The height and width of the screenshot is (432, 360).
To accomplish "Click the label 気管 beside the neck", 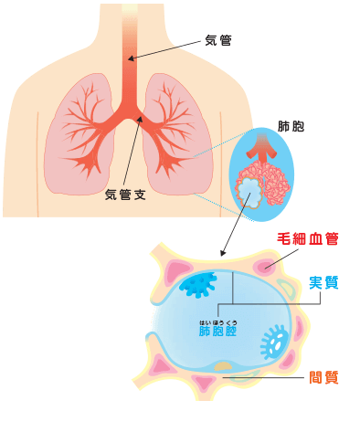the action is (217, 41).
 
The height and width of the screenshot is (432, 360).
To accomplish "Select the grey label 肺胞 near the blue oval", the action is (291, 127).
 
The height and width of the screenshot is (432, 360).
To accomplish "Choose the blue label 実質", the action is (323, 283).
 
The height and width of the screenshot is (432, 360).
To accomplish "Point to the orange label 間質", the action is (323, 376).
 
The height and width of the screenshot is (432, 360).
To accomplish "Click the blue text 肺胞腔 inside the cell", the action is (217, 332).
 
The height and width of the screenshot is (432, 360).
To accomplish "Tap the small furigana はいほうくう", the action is (217, 320).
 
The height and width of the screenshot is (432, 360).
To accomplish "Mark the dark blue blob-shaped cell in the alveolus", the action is (196, 287).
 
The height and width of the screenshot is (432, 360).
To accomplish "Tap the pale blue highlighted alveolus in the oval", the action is (249, 190).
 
